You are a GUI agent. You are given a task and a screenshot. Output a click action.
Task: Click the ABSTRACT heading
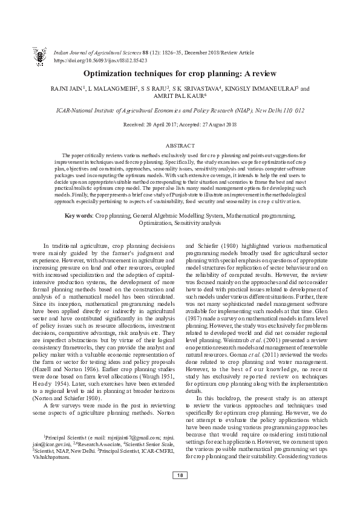(180, 146)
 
